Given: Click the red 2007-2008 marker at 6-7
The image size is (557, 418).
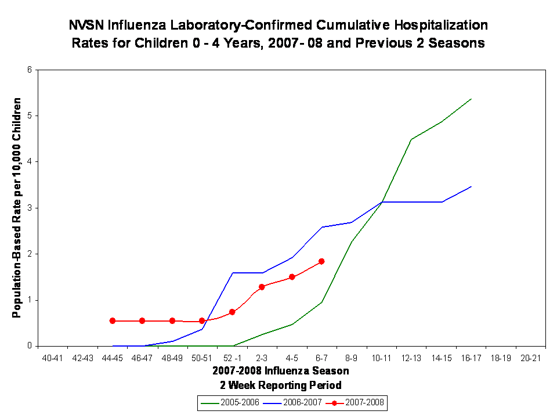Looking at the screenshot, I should point(321,261).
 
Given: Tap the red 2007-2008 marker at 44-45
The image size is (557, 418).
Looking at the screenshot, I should point(113,320).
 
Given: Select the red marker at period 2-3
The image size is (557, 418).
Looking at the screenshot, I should point(262,287).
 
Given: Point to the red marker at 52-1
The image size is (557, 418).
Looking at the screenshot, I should point(232,312).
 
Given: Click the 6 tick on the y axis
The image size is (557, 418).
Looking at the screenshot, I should point(31,70).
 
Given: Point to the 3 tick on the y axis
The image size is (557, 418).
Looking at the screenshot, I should point(31,208).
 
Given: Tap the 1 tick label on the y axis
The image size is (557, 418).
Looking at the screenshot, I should point(31,300).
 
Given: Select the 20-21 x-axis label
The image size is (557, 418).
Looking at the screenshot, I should point(530,358).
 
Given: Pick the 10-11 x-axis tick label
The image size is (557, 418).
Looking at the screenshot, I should point(381,358).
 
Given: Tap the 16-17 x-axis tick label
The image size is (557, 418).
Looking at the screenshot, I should point(471,358).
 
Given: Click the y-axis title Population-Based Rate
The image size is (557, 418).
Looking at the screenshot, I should point(17,208).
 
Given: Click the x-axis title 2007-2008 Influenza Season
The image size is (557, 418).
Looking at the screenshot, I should point(280,370).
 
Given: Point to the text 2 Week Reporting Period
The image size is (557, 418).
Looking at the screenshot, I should point(280,384).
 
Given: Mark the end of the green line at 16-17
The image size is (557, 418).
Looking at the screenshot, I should point(471,99).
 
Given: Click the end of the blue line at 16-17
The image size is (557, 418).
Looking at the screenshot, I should point(471,186).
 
